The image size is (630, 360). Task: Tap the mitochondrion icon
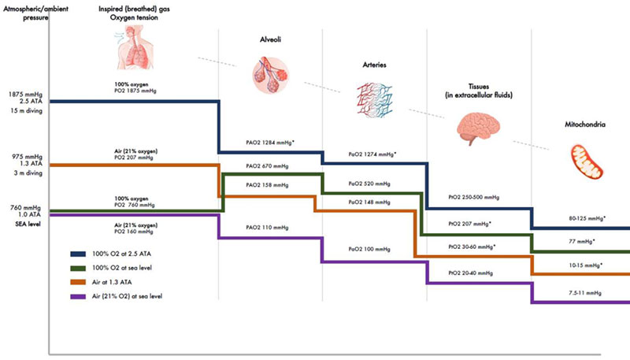pos(587,161)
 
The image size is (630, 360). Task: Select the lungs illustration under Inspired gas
pos(134,47)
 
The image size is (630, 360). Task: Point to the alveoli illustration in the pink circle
pos(270,75)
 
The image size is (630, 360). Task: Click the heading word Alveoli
pos(270,39)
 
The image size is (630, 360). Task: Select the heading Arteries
pos(375,65)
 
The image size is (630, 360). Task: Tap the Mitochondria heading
pos(585,124)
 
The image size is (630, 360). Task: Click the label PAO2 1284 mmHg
pos(270,143)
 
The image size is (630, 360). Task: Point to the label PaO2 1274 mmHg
pos(372,154)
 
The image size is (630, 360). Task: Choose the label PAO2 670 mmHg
pos(267,166)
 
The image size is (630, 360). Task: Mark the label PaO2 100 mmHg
pos(369,249)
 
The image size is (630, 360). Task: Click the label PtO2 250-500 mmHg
pos(474,197)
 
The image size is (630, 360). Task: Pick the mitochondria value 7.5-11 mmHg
pos(585,293)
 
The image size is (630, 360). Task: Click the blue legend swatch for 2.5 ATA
pos(78,254)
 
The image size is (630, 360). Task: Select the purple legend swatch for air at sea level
pos(78,296)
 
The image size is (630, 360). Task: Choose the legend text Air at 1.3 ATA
pos(112,282)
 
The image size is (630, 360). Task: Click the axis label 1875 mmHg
pos(25,95)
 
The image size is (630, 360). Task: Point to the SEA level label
pos(28,224)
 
